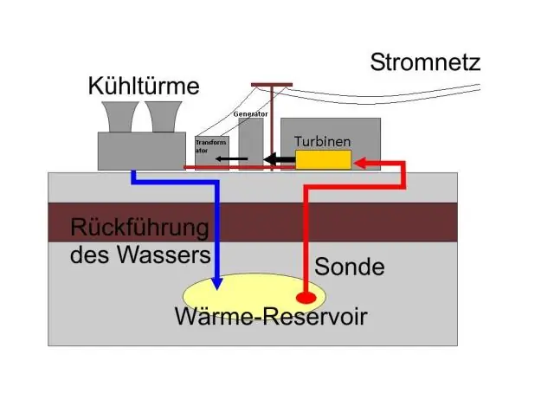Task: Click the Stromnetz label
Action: [x=424, y=62]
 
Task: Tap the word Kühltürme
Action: [x=144, y=87]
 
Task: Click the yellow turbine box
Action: [x=323, y=159]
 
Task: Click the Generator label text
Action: [x=249, y=114]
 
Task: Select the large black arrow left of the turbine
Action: [x=279, y=159]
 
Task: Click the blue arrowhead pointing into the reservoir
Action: [x=216, y=283]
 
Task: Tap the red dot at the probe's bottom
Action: [x=306, y=296]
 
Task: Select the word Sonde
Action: [x=349, y=267]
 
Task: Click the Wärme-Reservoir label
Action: [x=271, y=317]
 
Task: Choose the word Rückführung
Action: [x=139, y=229]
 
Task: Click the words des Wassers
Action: [x=140, y=256]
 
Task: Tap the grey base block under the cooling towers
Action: [x=141, y=151]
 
